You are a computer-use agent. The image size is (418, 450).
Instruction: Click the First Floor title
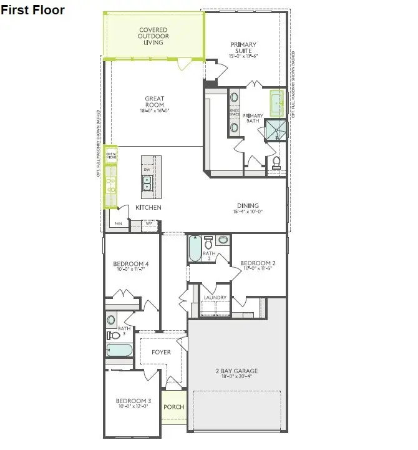point(32,11)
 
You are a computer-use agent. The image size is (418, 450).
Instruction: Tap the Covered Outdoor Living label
point(153,36)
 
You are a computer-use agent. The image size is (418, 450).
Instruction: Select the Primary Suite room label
point(243,49)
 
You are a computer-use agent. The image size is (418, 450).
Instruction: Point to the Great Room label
point(155,104)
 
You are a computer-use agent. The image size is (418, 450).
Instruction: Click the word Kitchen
point(149,207)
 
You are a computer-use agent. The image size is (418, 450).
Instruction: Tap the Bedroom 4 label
point(130,267)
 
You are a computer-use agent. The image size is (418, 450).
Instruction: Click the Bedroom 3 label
point(134,404)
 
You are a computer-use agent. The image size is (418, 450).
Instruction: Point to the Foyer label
point(160,353)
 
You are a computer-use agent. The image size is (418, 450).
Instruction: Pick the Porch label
point(174,407)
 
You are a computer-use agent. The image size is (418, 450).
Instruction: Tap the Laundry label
point(215,298)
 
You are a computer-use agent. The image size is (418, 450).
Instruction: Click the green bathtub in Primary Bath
point(275,104)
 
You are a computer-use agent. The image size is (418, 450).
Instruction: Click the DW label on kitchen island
point(147,170)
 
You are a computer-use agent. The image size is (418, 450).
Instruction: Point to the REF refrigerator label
point(149,223)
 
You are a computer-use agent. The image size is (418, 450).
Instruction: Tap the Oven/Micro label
point(111,155)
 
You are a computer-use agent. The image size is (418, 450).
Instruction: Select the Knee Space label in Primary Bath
point(235,112)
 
